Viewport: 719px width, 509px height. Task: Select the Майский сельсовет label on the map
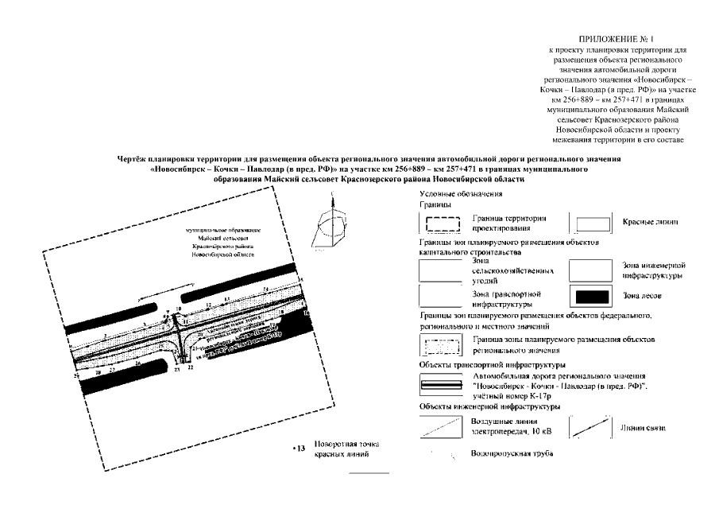tap(218, 238)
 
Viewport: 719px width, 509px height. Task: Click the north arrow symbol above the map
tap(332, 223)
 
